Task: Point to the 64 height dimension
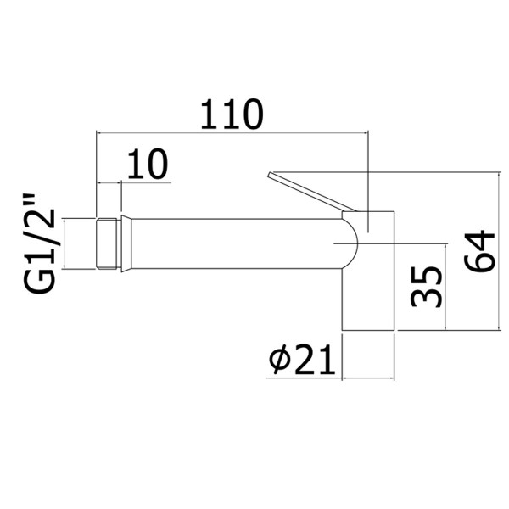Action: (480, 250)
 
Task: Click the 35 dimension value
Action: (426, 286)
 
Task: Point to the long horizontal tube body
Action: (238, 245)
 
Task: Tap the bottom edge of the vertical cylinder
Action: (368, 332)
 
